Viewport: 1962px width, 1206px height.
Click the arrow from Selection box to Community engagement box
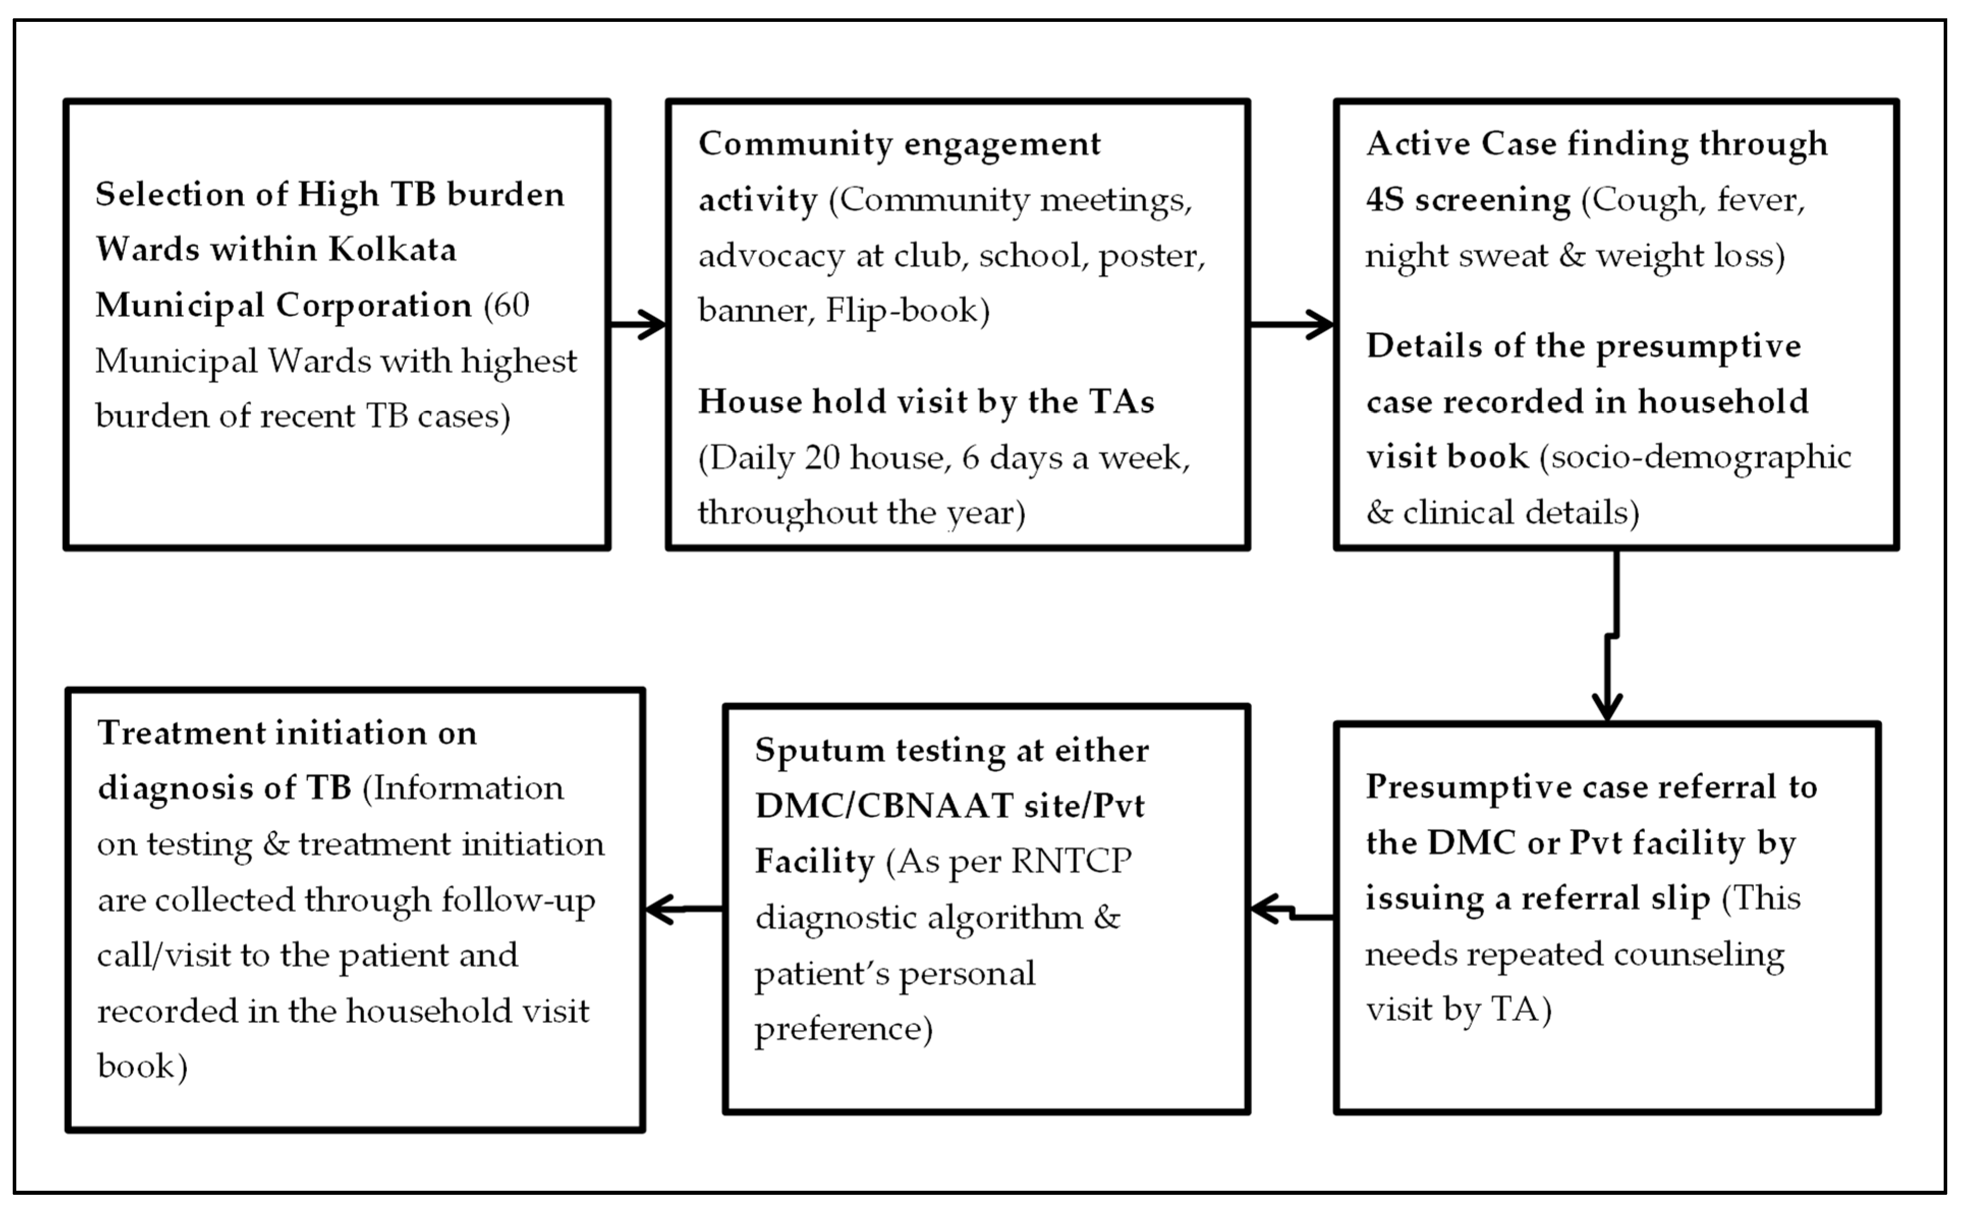point(638,325)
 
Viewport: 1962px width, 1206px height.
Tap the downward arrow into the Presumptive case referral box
point(1609,638)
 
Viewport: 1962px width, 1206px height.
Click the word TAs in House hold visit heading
point(1125,402)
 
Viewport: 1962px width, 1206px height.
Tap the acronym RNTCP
point(1071,862)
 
